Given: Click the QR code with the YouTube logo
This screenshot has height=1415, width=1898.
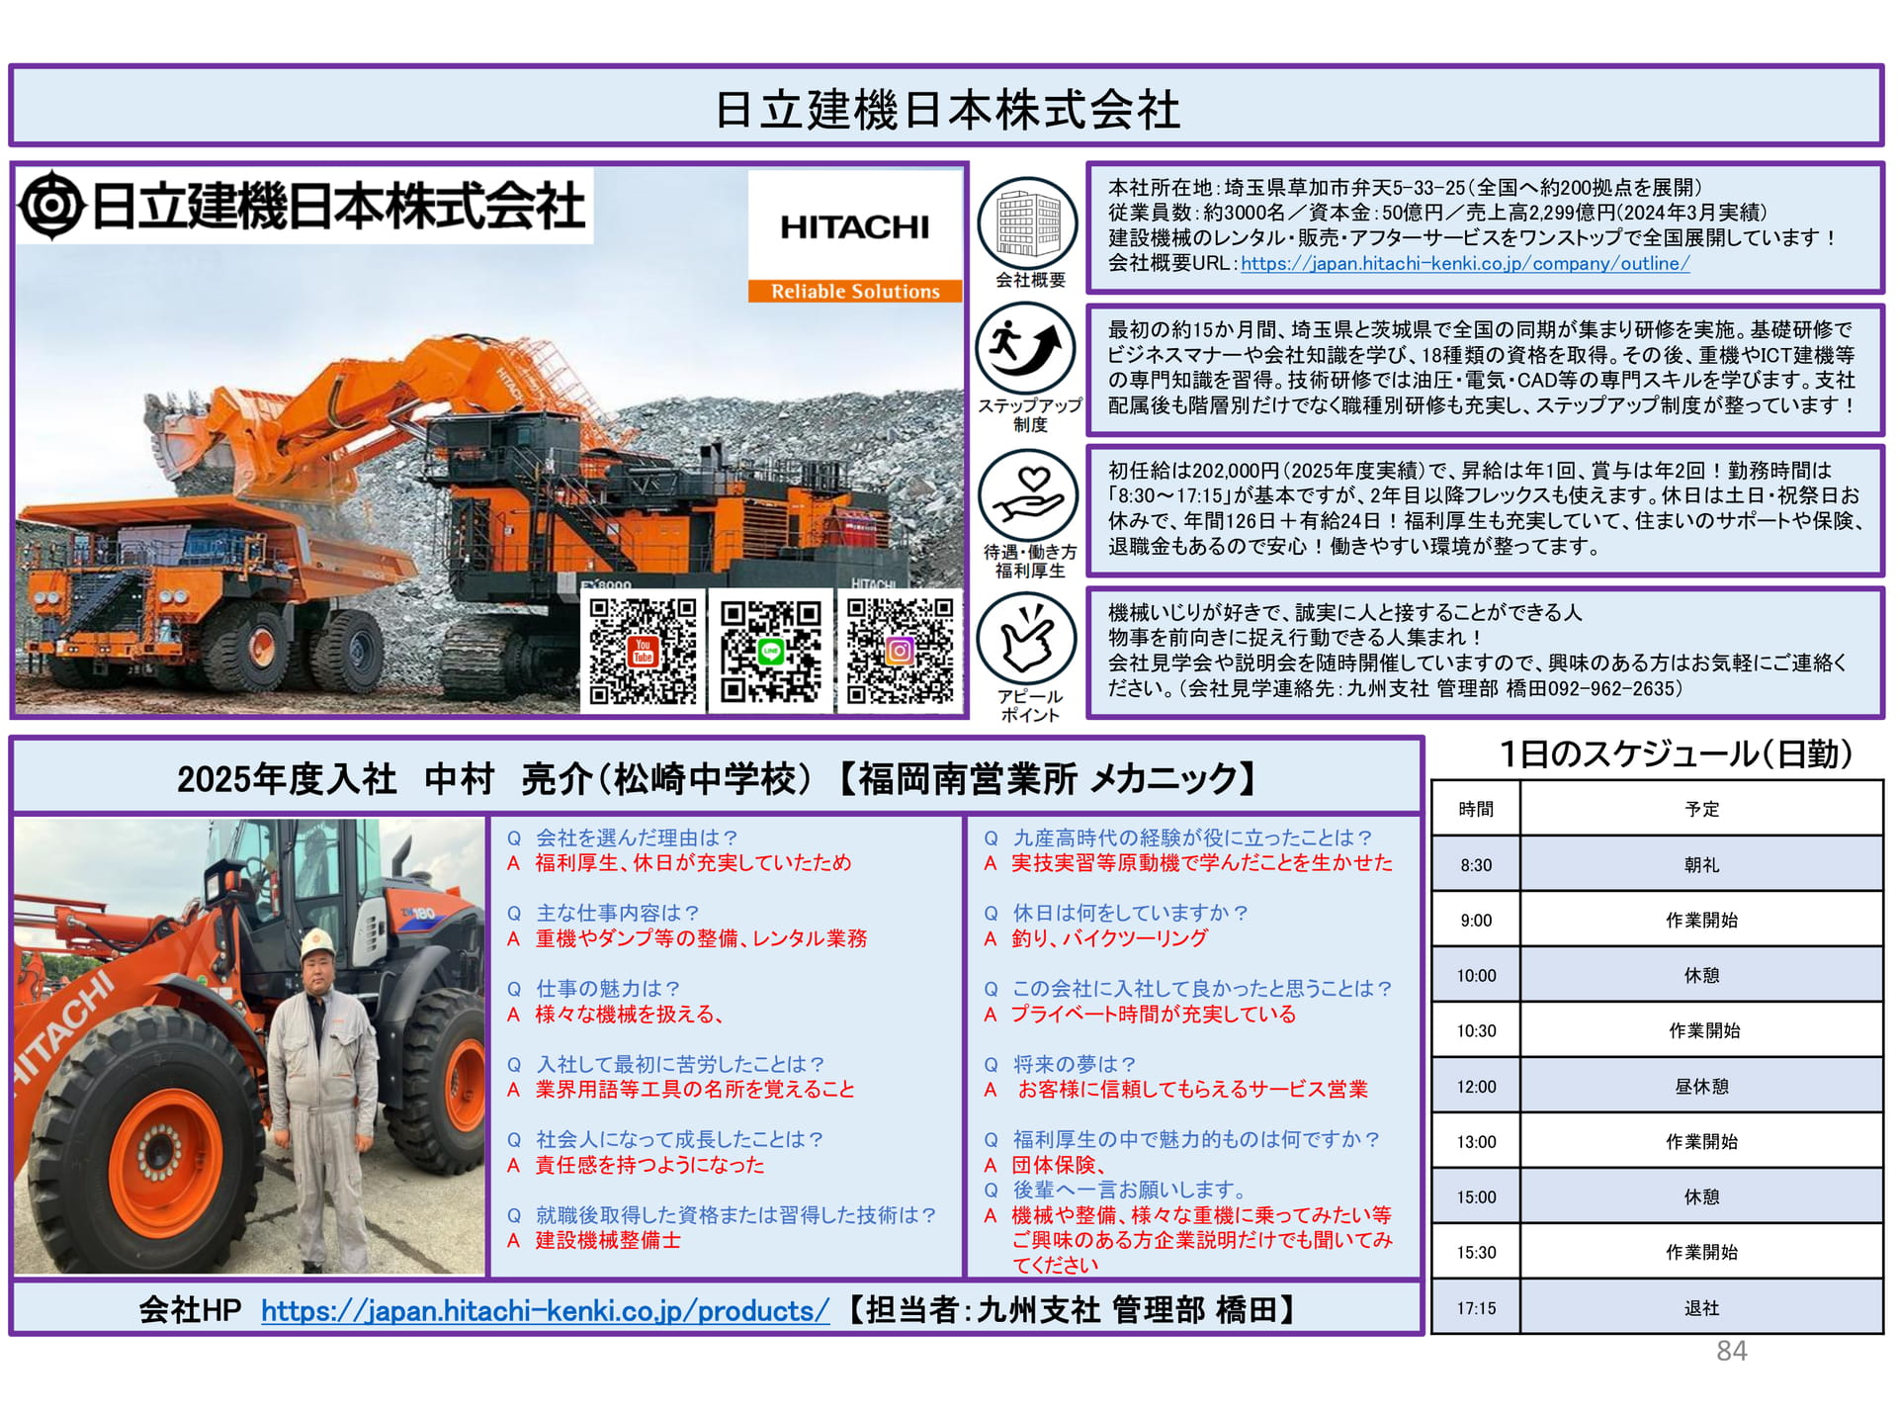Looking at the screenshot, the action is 643,651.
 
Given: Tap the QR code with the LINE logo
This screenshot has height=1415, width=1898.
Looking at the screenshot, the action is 770,651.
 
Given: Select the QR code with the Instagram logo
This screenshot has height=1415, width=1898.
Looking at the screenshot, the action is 900,651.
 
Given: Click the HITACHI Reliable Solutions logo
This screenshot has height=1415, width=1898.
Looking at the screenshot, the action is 855,236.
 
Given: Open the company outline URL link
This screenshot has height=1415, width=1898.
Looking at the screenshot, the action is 1465,264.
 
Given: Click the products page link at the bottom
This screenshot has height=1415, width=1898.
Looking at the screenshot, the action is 545,1311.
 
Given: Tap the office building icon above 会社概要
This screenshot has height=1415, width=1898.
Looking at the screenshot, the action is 1028,223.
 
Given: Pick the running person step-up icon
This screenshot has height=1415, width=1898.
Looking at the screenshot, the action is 1027,349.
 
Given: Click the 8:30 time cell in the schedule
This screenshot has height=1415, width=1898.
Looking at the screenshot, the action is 1476,865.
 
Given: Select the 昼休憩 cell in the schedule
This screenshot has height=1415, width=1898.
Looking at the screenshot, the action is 1701,1087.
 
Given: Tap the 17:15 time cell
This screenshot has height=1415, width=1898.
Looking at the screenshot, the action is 1476,1308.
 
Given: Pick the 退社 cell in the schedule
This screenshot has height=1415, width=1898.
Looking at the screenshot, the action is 1701,1308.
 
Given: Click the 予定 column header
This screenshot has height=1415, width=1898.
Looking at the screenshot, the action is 1701,809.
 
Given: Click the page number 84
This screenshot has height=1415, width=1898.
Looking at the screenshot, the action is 1731,1351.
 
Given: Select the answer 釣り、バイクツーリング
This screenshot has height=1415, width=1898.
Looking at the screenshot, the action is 1109,938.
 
